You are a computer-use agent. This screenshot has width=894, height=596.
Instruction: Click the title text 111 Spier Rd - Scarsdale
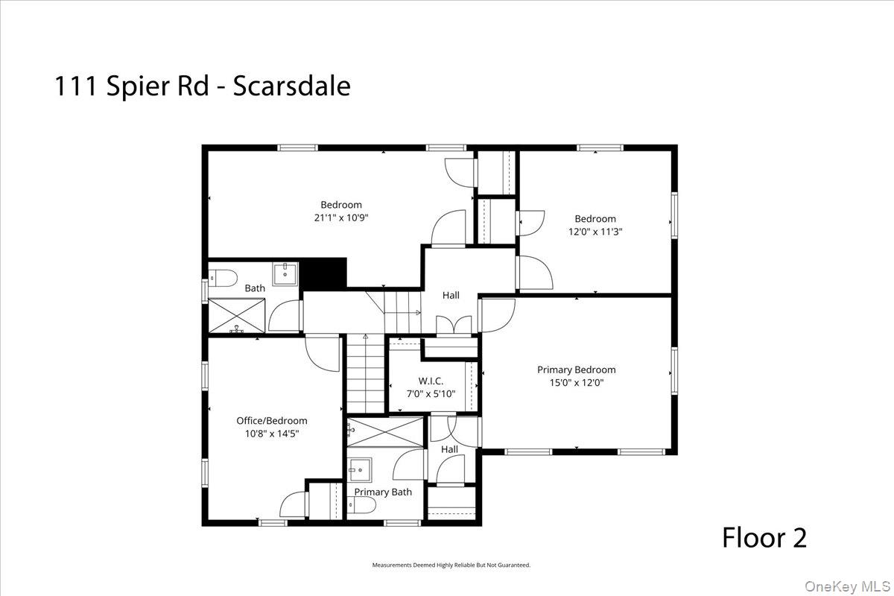point(202,86)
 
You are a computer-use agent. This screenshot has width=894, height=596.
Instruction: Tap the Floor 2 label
point(764,537)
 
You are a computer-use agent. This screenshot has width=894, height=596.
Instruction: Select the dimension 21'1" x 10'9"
point(341,218)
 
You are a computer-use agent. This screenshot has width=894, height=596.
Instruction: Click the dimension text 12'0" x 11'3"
point(595,232)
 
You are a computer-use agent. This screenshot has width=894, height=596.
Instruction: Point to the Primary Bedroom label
point(577,370)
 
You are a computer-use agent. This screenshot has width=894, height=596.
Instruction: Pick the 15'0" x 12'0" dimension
point(577,383)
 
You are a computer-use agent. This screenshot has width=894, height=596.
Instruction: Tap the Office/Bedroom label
point(272,421)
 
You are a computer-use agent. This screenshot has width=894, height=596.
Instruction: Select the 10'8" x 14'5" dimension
point(272,433)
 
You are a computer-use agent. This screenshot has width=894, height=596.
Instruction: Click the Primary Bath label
point(383,492)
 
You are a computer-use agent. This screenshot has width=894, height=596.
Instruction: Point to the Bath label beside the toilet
point(255,288)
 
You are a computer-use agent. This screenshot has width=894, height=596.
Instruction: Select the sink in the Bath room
point(285,273)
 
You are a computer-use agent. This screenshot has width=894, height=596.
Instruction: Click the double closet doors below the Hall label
point(450,325)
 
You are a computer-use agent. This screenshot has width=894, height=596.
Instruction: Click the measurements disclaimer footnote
point(451,565)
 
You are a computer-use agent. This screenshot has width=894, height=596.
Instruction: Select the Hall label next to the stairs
point(451,296)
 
